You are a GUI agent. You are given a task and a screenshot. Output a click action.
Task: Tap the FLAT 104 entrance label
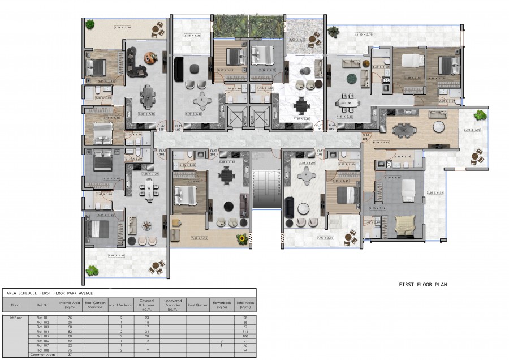pos(366,135)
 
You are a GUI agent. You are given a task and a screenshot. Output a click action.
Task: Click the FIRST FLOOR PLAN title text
pos(422,285)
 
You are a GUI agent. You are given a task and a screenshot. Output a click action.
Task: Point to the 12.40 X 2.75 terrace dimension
pos(363,35)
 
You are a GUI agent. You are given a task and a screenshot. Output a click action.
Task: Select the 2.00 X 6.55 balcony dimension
pos(435,192)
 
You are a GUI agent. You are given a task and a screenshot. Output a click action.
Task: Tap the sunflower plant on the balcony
pos(243,239)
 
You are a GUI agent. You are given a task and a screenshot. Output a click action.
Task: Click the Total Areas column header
pos(245,305)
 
